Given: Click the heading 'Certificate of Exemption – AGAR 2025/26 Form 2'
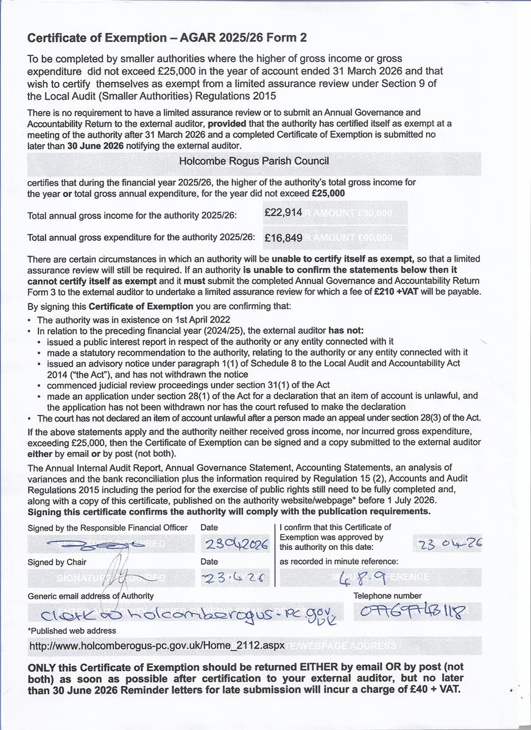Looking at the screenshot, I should click(x=167, y=38).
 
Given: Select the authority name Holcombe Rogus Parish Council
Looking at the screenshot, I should click(x=254, y=161).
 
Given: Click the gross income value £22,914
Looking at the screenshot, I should click(x=284, y=212).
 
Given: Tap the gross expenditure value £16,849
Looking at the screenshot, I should click(x=284, y=238).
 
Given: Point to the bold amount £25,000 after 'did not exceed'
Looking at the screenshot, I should click(x=328, y=193).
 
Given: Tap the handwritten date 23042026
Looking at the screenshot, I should click(x=236, y=544).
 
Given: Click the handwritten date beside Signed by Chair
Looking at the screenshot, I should click(x=234, y=578).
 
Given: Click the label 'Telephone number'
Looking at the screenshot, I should click(x=387, y=596).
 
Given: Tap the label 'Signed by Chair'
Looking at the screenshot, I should click(x=57, y=562).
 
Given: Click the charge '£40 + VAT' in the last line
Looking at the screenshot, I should click(x=430, y=689).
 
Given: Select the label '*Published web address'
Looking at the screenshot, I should click(x=72, y=631).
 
